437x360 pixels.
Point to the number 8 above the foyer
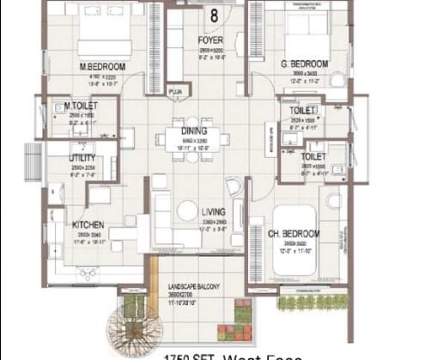pyautogui.click(x=211, y=15)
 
